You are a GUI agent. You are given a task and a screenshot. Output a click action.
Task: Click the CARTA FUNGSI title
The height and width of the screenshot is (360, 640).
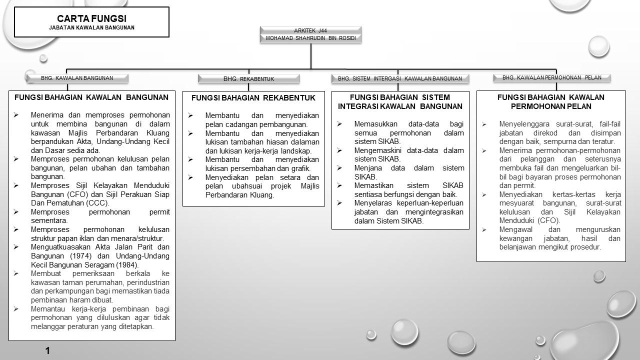(91, 18)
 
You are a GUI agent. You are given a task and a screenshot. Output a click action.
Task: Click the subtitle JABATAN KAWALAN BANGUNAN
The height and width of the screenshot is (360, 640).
(91, 28)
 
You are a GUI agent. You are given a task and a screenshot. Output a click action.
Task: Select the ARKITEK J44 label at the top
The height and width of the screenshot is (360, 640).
(310, 30)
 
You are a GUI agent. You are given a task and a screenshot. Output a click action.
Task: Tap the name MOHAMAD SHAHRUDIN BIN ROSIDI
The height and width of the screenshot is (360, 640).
(310, 38)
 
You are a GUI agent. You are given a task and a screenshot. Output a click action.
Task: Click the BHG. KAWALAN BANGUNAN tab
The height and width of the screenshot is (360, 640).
(77, 78)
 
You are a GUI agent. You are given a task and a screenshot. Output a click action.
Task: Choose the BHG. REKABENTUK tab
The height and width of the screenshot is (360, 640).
(248, 79)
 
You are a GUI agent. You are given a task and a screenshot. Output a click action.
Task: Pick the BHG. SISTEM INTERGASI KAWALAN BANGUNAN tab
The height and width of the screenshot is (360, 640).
(400, 78)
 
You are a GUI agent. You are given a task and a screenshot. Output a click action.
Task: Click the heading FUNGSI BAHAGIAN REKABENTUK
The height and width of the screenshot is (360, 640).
(253, 98)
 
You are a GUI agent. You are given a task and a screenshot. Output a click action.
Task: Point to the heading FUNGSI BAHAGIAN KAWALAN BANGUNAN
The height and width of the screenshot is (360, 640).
(91, 97)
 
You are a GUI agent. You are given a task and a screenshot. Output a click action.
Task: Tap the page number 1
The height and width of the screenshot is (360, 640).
(47, 351)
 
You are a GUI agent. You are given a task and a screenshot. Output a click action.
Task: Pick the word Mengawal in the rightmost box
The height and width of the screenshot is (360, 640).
(516, 229)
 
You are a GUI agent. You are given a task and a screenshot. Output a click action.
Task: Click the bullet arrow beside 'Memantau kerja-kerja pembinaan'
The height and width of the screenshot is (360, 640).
(16, 309)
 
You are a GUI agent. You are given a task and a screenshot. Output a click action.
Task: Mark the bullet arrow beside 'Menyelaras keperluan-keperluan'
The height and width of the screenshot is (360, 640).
(339, 203)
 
